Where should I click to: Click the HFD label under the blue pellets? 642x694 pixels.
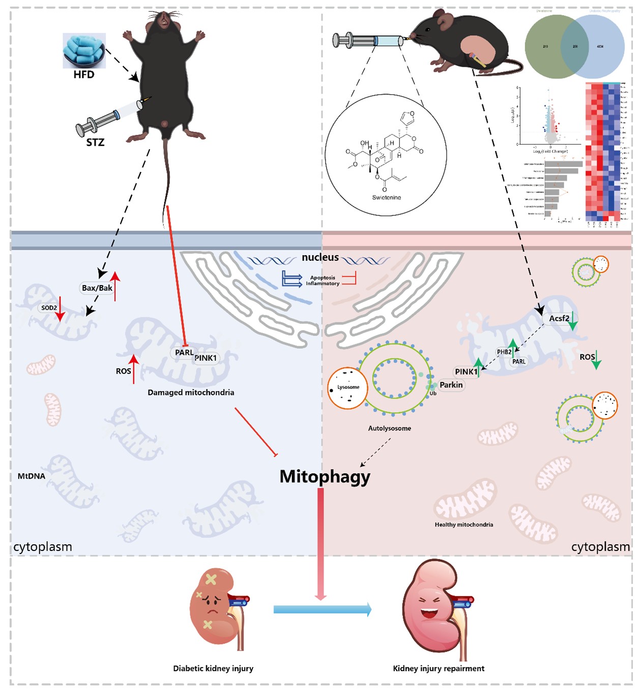pos(84,74)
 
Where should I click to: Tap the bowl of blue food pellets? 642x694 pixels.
pos(84,51)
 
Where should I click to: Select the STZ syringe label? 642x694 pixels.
pos(95,142)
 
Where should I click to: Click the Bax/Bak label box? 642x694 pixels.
pos(97,288)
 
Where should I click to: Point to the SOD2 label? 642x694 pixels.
pos(49,308)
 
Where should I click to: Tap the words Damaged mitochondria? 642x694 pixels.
pos(191,393)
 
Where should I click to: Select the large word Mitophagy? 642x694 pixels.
pos(325,476)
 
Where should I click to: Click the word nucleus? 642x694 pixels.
pos(320,257)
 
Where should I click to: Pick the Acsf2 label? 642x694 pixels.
pos(559,318)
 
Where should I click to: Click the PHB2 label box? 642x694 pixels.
pos(504,352)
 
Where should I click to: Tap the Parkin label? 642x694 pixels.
pos(451,385)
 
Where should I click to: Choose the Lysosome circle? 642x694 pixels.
pos(348,388)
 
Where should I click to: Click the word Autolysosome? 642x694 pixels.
pos(390,428)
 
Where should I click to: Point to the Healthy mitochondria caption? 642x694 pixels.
pos(463,524)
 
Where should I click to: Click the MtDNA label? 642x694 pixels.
pos(32,476)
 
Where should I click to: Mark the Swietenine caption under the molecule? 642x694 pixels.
pos(386,198)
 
